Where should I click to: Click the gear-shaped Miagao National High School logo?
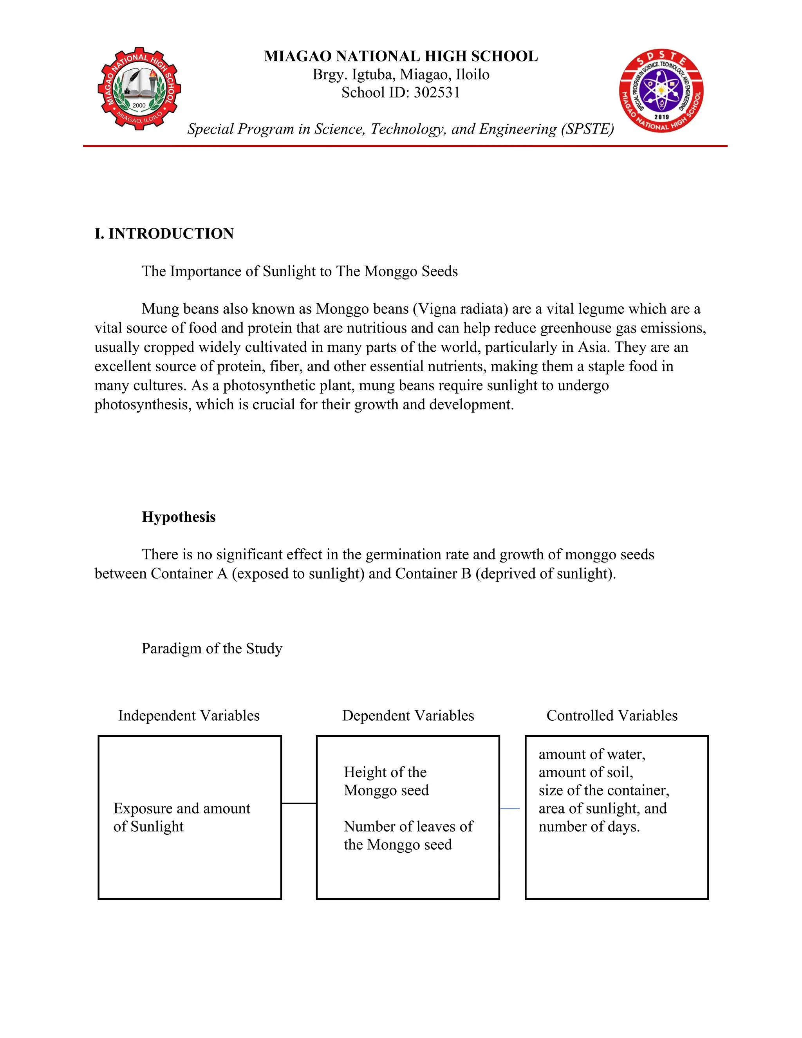click(139, 89)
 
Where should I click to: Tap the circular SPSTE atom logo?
click(661, 90)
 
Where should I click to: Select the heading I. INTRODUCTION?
click(164, 234)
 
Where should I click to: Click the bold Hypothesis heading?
click(179, 517)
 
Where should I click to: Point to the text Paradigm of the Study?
click(212, 648)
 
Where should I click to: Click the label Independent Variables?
click(189, 715)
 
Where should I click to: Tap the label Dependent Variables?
click(408, 715)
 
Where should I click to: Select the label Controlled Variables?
click(612, 715)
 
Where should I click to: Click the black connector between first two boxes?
click(299, 804)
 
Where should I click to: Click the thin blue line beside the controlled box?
click(510, 808)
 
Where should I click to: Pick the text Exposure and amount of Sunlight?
click(181, 817)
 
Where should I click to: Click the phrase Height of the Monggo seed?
click(386, 781)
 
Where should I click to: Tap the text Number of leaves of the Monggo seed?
click(408, 835)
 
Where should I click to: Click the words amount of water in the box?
click(592, 754)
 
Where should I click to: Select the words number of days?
click(589, 826)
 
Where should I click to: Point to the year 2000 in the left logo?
click(139, 105)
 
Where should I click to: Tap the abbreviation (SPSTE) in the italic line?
click(587, 129)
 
